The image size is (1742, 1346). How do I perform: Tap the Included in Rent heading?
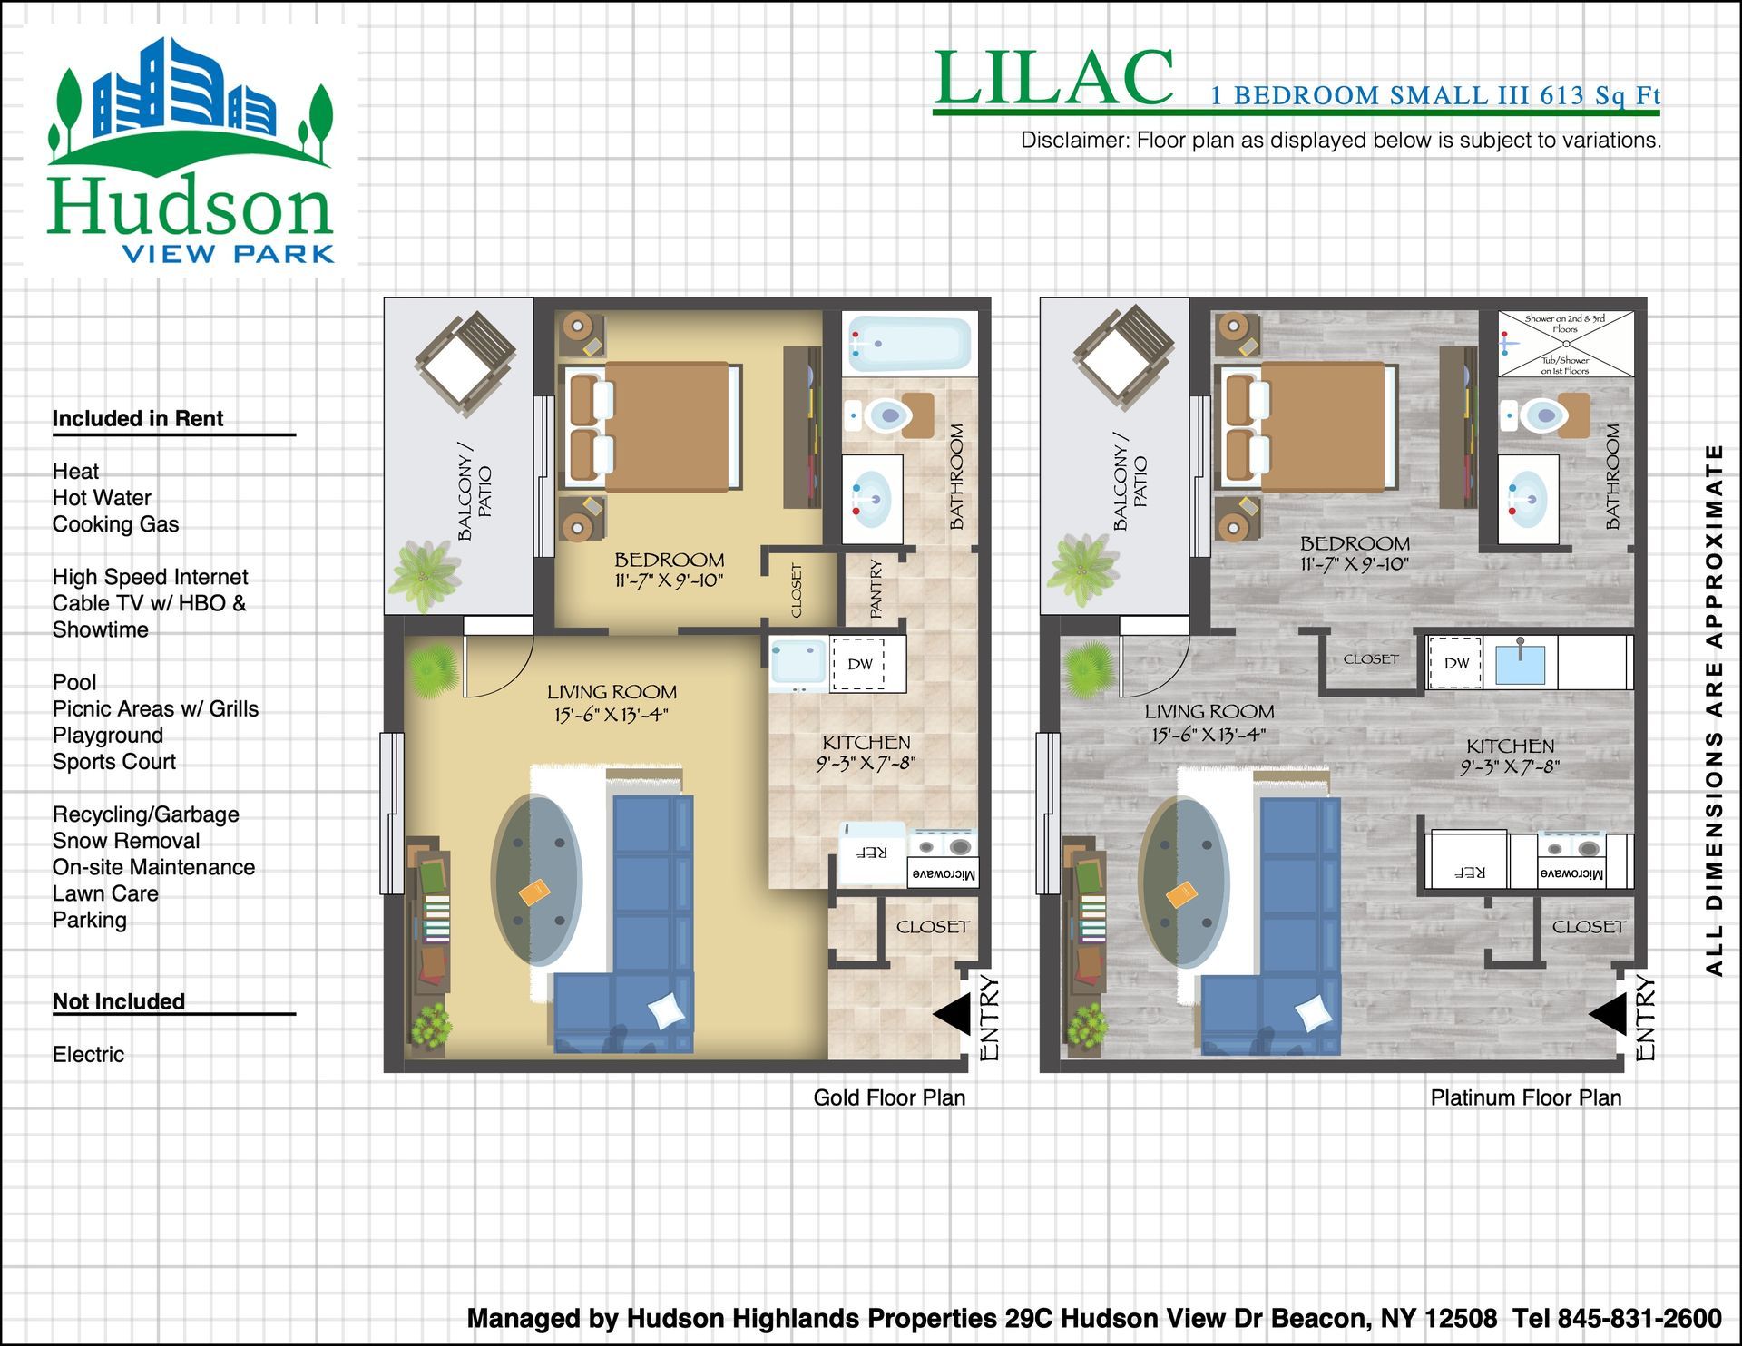[138, 418]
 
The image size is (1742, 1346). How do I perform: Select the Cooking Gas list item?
[115, 524]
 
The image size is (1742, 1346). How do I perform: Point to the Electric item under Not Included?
[88, 1054]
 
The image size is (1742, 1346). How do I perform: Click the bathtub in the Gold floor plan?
[908, 345]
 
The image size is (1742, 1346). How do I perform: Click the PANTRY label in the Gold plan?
[876, 590]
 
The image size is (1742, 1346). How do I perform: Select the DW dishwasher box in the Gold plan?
[858, 664]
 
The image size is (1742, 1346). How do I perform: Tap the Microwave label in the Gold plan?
[944, 874]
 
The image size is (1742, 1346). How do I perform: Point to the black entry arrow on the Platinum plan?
[1608, 1013]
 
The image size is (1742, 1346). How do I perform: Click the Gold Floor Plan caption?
[889, 1097]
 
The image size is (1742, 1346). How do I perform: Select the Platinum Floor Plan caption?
[1526, 1097]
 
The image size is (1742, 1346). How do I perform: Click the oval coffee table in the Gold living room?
[536, 880]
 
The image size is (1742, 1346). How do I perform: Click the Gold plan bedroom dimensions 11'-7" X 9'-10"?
[669, 581]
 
